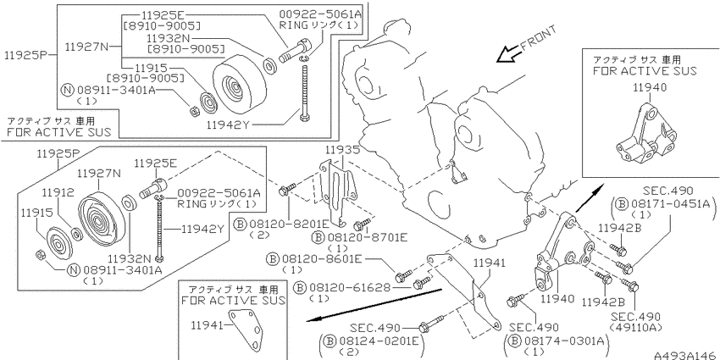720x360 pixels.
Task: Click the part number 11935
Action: [x=343, y=150]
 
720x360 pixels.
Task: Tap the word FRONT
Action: [x=539, y=37]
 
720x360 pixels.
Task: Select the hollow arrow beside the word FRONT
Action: [x=508, y=53]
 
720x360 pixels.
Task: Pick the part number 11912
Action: [x=58, y=191]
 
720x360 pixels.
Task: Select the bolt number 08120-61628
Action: [x=349, y=287]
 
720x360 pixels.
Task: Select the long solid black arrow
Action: [x=374, y=305]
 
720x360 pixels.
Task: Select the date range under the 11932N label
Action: [x=186, y=47]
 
